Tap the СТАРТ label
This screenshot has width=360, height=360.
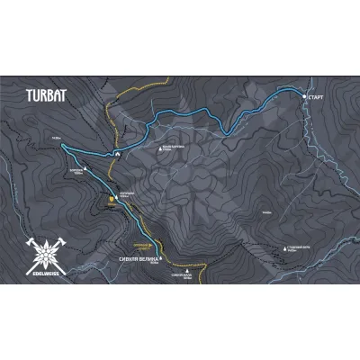click(316, 96)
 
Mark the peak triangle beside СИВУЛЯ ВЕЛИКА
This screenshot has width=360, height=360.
click(163, 257)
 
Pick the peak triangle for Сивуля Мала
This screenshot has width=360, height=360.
click(187, 269)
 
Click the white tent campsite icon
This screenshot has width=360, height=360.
click(116, 154)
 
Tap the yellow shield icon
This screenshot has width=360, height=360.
click(112, 200)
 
